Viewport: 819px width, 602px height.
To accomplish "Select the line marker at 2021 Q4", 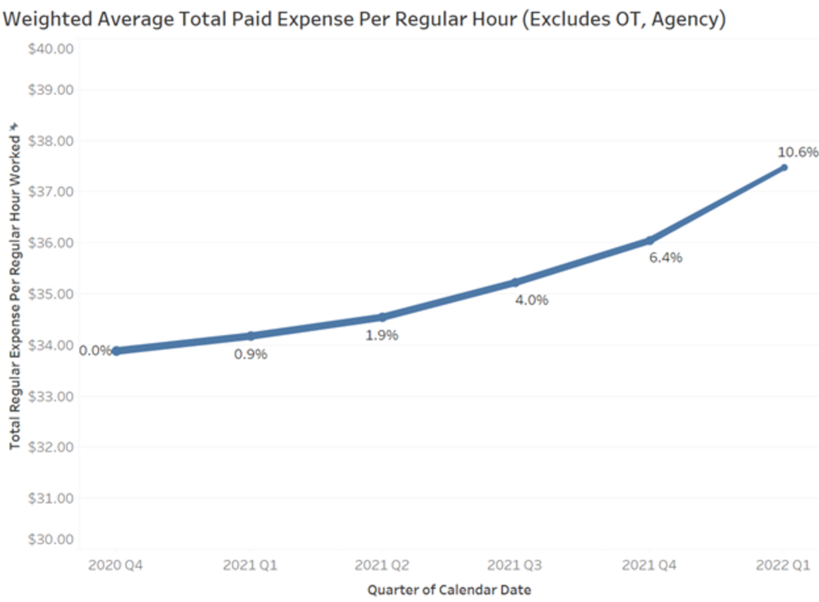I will (649, 240).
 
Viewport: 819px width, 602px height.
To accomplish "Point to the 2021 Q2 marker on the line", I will (382, 317).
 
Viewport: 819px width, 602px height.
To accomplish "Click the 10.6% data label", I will (797, 152).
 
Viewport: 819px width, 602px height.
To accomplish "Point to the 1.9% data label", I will (382, 335).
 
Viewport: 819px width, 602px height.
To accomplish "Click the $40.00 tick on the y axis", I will (51, 49).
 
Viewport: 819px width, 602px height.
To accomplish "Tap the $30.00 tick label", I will (51, 539).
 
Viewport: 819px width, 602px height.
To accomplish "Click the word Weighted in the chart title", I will (47, 19).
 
